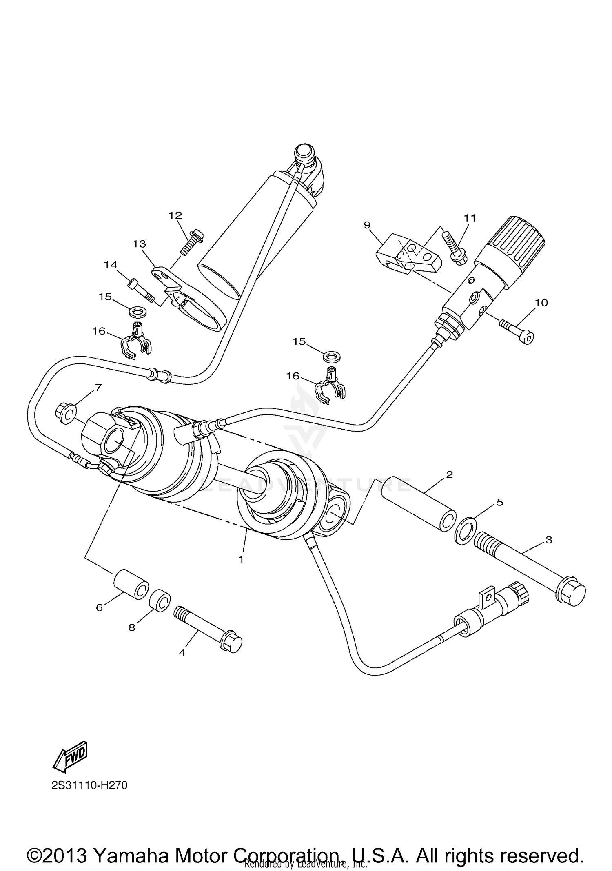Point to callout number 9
pos(367,224)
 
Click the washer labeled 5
pos(466,530)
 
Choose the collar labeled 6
pos(131,585)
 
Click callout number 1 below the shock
pos(241,559)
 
